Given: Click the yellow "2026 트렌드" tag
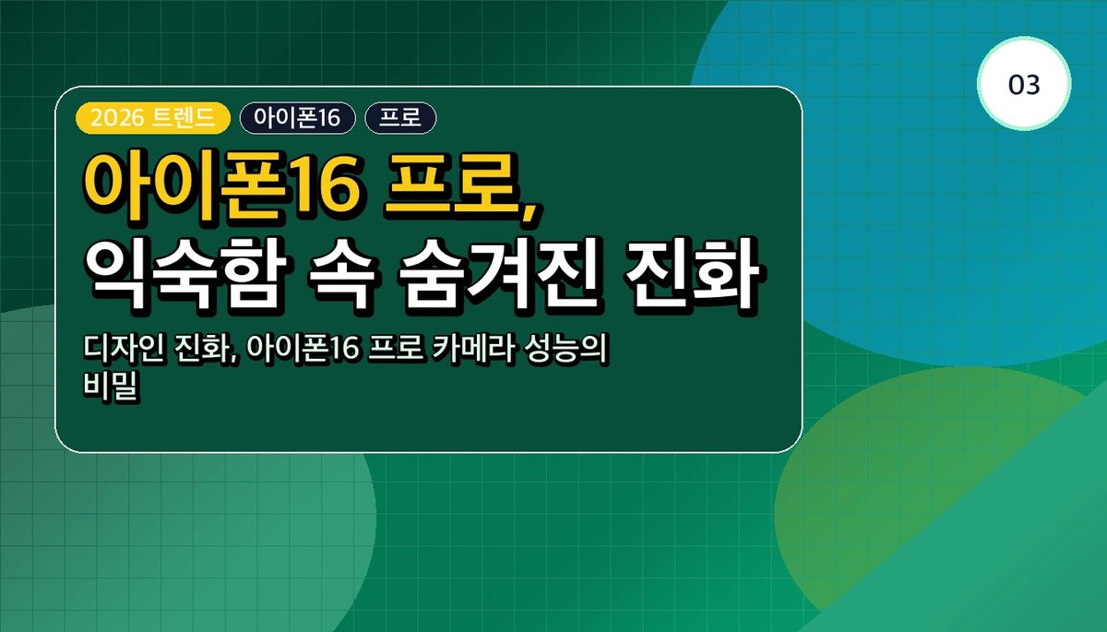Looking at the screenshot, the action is pyautogui.click(x=153, y=118).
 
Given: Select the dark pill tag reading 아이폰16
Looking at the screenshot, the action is pyautogui.click(x=297, y=118).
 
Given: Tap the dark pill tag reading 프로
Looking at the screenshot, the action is pyautogui.click(x=400, y=118).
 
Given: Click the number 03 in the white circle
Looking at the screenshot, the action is pyautogui.click(x=1024, y=85).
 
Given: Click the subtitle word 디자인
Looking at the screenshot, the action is pyautogui.click(x=123, y=349).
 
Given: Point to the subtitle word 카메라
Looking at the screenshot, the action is pyautogui.click(x=473, y=349).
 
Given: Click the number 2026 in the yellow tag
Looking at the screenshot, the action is pyautogui.click(x=117, y=118).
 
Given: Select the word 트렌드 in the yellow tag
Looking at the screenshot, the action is pyautogui.click(x=184, y=118).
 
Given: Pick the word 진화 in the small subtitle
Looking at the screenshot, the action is pyautogui.click(x=204, y=349).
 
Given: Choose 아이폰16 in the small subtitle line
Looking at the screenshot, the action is pyautogui.click(x=303, y=349).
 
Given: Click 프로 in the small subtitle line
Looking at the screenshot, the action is pyautogui.click(x=397, y=349).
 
